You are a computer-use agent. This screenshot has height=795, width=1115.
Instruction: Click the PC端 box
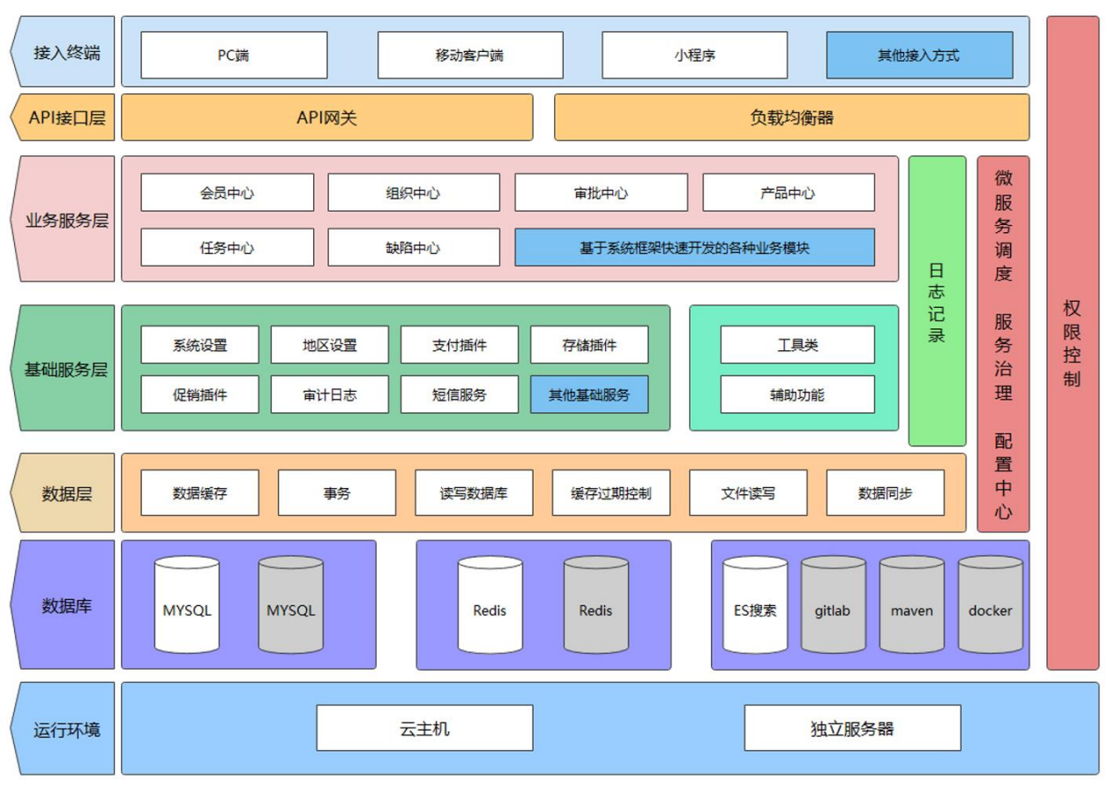234,55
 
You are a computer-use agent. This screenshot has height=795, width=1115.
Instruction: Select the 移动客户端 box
470,55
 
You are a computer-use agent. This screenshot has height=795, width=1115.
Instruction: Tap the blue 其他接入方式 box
919,55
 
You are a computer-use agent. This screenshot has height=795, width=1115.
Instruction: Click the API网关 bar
326,117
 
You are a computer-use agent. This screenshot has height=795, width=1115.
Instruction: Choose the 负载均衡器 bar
791,117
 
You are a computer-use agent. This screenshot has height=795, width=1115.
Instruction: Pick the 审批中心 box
601,192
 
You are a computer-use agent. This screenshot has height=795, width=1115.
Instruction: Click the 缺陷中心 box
414,247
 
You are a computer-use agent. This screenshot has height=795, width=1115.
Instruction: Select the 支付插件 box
460,344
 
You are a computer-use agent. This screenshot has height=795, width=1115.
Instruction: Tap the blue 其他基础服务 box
589,394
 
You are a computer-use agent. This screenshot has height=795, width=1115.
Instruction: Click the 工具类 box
797,344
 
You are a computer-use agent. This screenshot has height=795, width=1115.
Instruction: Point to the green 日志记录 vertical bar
937,301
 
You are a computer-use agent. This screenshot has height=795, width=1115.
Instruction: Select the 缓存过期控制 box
611,492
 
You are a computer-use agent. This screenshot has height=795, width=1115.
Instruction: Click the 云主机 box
424,728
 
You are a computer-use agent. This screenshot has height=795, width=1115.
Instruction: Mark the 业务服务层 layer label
64,220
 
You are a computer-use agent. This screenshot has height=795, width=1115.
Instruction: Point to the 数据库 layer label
64,605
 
